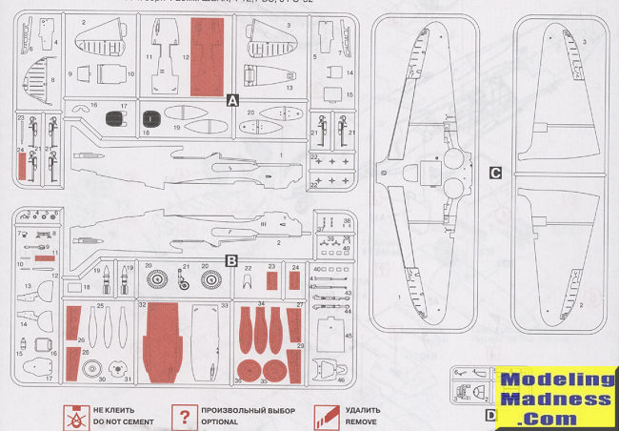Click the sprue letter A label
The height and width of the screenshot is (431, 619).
pyautogui.click(x=231, y=98)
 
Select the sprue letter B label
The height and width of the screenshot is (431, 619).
pyautogui.click(x=231, y=258)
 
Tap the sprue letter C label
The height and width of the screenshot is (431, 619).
pyautogui.click(x=495, y=173)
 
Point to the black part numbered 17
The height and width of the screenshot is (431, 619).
pyautogui.click(x=117, y=118)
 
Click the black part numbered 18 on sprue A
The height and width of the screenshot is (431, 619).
pyautogui.click(x=150, y=118)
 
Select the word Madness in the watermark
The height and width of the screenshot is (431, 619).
pyautogui.click(x=558, y=400)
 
